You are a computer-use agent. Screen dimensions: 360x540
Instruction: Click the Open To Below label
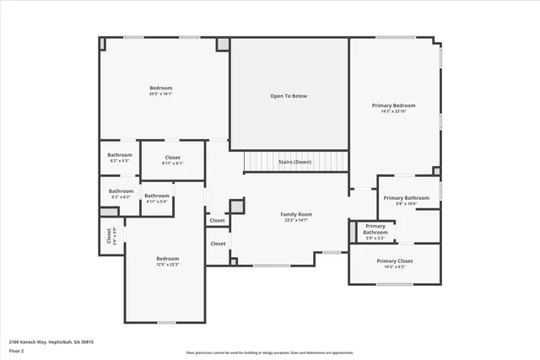pyautogui.click(x=289, y=96)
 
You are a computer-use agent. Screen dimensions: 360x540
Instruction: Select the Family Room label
pyautogui.click(x=296, y=214)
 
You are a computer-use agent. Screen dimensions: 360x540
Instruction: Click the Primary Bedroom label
pyautogui.click(x=393, y=105)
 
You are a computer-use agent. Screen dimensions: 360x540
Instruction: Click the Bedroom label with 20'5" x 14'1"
pyautogui.click(x=161, y=89)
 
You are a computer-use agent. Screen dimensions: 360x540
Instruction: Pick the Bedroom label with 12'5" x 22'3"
pyautogui.click(x=167, y=258)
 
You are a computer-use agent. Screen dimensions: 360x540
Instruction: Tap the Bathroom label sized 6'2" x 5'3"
pyautogui.click(x=120, y=155)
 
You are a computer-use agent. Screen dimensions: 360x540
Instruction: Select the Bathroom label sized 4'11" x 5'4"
pyautogui.click(x=157, y=196)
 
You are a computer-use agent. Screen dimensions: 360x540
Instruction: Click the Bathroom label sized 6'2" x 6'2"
pyautogui.click(x=121, y=191)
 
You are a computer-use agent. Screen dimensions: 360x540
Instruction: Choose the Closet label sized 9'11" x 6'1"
pyautogui.click(x=172, y=158)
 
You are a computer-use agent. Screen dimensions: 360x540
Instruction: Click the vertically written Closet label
pyautogui.click(x=109, y=235)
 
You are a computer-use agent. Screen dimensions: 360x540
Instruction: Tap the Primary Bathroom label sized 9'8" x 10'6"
pyautogui.click(x=406, y=198)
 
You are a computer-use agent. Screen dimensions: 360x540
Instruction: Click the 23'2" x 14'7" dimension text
pyautogui.click(x=296, y=220)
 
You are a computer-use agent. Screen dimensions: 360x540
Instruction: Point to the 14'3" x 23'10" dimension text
pyautogui.click(x=393, y=111)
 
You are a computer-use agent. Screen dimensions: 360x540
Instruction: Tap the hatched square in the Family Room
pyautogui.click(x=237, y=206)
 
